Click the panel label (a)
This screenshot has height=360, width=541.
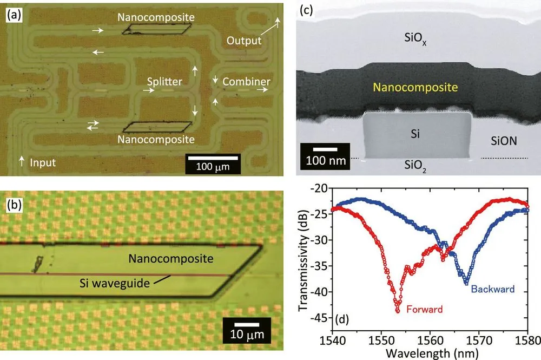14,16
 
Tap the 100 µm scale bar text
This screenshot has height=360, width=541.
213,167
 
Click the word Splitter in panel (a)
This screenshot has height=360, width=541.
164,81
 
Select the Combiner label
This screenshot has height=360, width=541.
246,81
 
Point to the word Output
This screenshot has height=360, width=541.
244,41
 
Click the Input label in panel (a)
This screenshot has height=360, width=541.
43,162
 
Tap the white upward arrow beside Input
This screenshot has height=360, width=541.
22,161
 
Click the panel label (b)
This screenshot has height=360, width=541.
14,205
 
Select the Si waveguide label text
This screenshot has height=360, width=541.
115,283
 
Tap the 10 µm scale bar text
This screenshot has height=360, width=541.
247,334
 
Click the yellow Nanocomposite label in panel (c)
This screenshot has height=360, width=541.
415,87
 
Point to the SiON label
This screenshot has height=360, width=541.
504,141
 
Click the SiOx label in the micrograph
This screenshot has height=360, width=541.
415,38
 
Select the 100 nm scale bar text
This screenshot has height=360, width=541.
326,160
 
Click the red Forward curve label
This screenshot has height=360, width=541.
424,309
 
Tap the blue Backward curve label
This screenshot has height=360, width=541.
493,289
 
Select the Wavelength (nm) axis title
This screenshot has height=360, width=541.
432,354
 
